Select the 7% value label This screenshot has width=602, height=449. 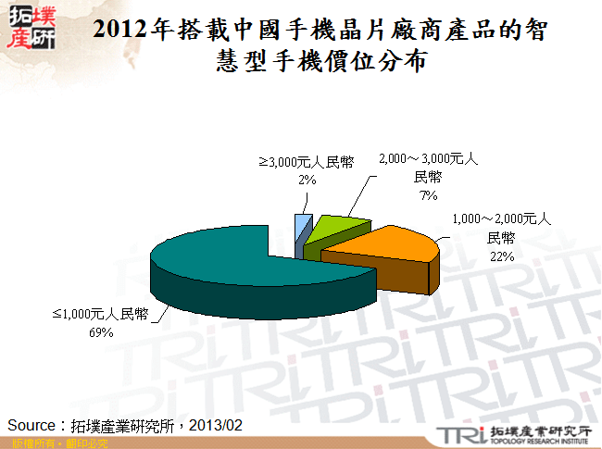428,195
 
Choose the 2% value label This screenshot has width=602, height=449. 307,181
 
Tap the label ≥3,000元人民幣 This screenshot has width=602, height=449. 307,163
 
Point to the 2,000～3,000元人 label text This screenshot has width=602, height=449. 428,160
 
